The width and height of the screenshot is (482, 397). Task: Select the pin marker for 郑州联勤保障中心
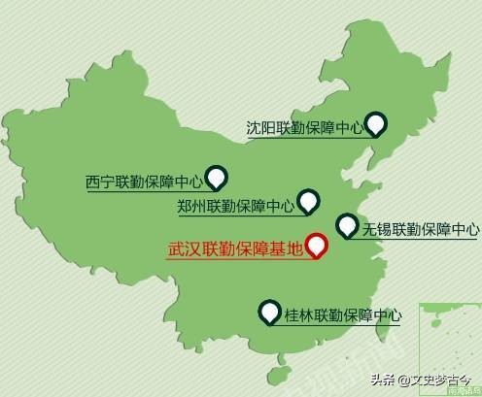(309, 201)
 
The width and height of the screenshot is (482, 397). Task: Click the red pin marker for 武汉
(316, 246)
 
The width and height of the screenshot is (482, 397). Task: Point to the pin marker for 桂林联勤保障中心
(269, 313)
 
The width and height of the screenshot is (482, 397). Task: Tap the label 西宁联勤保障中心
(144, 181)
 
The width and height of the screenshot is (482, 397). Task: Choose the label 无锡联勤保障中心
(420, 230)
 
